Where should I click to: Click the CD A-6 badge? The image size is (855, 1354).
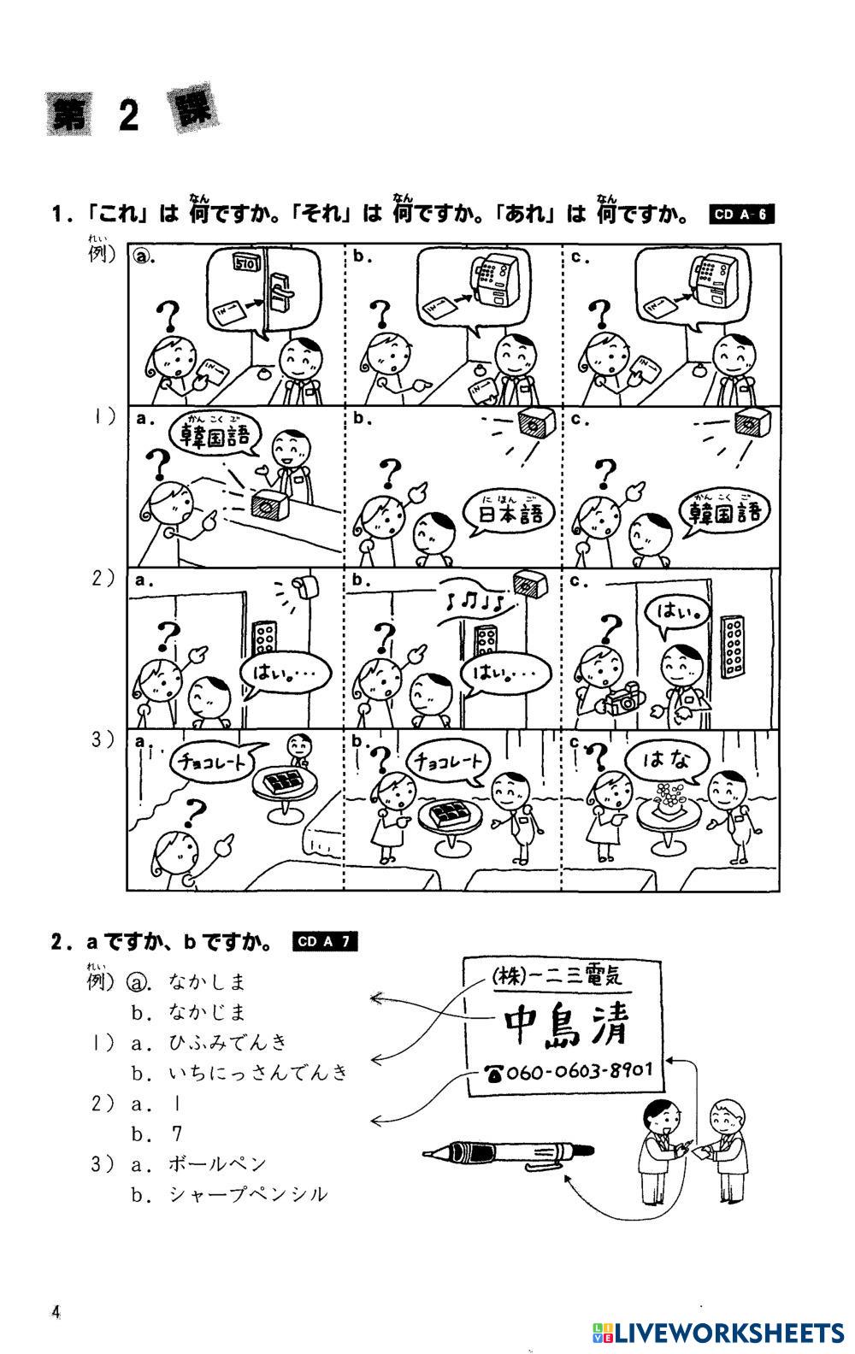pyautogui.click(x=741, y=214)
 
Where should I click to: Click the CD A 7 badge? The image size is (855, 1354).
pyautogui.click(x=325, y=941)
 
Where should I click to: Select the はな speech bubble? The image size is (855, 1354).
pyautogui.click(x=665, y=762)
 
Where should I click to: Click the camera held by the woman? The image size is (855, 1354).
pyautogui.click(x=622, y=701)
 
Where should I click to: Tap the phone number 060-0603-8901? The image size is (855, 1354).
pyautogui.click(x=569, y=1071)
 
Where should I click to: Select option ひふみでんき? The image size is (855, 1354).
pyautogui.click(x=227, y=1041)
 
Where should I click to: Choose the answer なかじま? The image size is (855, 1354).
pyautogui.click(x=207, y=1011)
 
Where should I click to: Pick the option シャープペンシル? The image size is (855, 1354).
pyautogui.click(x=248, y=1194)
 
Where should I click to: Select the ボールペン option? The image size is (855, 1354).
pyautogui.click(x=218, y=1163)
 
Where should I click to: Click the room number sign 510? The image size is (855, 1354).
pyautogui.click(x=246, y=263)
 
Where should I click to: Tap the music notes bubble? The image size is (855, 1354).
pyautogui.click(x=474, y=601)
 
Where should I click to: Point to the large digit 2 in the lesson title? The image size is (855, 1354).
pyautogui.click(x=129, y=115)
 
